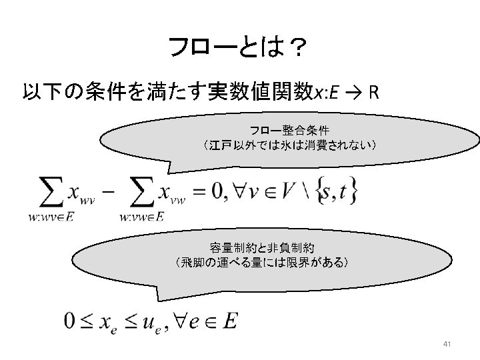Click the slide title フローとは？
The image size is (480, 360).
tap(238, 48)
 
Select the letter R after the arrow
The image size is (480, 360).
tap(374, 91)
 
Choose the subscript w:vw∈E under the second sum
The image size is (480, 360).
tap(141, 215)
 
